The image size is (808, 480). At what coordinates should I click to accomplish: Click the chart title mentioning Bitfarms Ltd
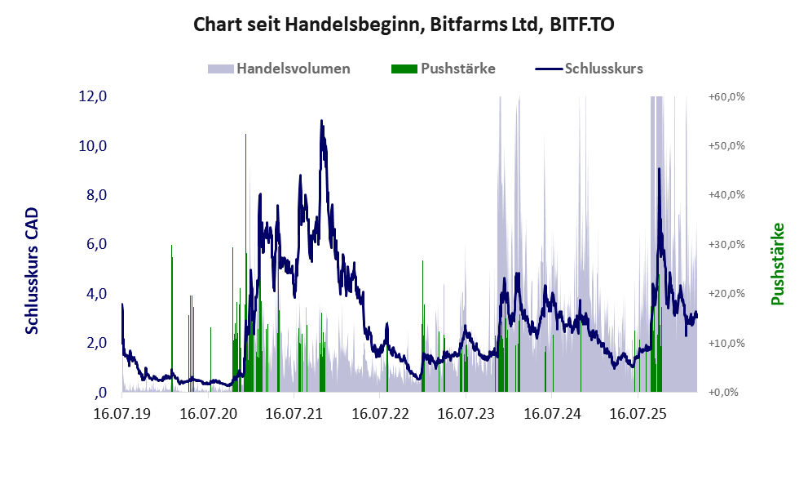(x=404, y=24)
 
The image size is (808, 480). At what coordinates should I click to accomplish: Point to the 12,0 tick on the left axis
(x=93, y=96)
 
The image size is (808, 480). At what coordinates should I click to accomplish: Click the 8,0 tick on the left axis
(x=93, y=195)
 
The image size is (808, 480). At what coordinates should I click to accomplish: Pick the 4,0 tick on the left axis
(x=93, y=293)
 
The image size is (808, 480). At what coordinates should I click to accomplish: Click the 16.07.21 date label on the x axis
(x=294, y=415)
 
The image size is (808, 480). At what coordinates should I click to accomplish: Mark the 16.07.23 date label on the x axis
(x=466, y=415)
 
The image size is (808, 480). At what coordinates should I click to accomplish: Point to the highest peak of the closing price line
(x=321, y=122)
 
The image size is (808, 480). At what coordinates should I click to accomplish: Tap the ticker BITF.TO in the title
(x=580, y=24)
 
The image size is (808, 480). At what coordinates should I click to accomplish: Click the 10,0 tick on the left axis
(x=93, y=146)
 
